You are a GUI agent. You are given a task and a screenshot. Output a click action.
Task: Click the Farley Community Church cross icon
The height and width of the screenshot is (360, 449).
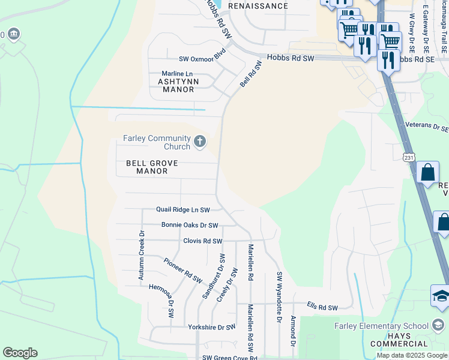click(x=200, y=142)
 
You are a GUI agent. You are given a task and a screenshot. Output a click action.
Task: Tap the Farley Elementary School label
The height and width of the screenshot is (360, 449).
click(x=382, y=326)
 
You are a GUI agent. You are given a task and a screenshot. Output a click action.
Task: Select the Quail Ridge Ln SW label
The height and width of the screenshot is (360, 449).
click(x=183, y=210)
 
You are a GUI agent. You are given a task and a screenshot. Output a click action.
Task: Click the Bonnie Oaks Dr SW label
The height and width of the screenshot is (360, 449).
click(x=190, y=226)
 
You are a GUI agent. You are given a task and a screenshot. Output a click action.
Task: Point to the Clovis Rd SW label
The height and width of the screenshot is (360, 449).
click(x=203, y=241)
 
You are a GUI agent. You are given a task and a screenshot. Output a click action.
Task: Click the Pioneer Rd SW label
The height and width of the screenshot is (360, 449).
click(x=183, y=271)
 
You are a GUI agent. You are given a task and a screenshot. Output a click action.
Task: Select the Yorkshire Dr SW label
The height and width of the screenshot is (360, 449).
click(x=211, y=328)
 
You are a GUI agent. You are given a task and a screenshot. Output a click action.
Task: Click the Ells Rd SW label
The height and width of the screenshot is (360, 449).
click(x=322, y=308)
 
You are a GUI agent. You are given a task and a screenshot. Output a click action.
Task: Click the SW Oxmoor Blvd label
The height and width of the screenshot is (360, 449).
click(x=202, y=59)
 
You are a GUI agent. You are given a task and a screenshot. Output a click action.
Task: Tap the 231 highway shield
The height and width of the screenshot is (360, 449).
click(x=409, y=157)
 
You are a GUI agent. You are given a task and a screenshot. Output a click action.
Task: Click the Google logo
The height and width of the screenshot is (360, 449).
click(x=20, y=353)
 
